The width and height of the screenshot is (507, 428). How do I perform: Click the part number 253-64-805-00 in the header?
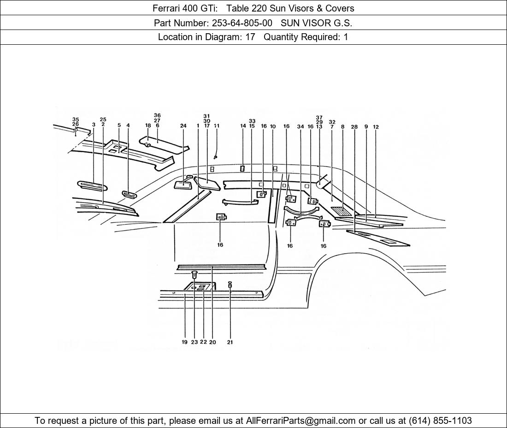click(x=242, y=23)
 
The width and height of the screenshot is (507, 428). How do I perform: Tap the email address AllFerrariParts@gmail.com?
click(x=301, y=421)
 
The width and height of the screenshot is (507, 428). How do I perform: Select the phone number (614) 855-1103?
click(x=440, y=421)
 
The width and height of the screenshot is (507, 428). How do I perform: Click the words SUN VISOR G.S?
click(x=316, y=23)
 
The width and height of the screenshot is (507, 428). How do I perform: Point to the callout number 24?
click(x=183, y=126)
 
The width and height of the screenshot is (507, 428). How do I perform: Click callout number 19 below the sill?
click(x=185, y=342)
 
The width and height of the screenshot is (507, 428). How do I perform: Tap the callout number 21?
click(x=230, y=342)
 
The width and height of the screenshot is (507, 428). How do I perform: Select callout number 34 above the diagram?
click(x=301, y=126)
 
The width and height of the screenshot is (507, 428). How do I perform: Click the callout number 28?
click(x=354, y=127)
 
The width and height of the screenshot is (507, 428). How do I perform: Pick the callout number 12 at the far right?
click(x=376, y=127)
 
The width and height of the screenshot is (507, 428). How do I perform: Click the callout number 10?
click(x=272, y=126)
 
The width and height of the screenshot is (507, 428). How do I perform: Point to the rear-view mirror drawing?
click(x=183, y=184)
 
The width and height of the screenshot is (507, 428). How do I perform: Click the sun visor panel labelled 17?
click(x=207, y=183)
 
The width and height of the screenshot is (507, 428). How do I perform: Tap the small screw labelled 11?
click(x=216, y=157)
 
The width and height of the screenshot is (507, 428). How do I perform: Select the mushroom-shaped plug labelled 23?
click(x=195, y=275)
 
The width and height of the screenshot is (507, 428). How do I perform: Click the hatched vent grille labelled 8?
click(x=341, y=211)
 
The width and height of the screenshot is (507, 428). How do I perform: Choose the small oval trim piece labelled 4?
click(x=130, y=195)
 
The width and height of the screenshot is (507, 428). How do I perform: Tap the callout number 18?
click(x=148, y=125)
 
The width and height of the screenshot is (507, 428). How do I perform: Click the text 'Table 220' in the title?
click(x=247, y=8)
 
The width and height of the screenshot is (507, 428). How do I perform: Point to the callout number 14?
click(x=243, y=126)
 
